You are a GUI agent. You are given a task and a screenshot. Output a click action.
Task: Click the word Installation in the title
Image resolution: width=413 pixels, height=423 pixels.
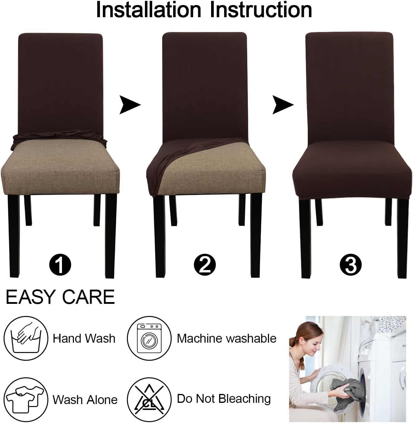[149, 10]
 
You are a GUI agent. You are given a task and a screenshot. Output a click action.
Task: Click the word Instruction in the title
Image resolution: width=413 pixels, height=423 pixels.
[261, 10]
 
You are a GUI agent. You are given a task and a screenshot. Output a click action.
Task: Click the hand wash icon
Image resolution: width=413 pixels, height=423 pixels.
[26, 338]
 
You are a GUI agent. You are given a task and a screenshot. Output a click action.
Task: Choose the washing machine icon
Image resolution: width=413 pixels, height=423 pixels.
[149, 338]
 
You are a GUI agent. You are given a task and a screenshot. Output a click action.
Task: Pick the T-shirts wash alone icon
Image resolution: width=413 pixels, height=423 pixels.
[26, 399]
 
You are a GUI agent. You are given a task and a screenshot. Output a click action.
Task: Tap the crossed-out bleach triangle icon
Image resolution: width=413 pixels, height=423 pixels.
[149, 399]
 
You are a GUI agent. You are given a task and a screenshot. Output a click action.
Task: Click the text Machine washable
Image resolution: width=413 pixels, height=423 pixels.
[227, 338]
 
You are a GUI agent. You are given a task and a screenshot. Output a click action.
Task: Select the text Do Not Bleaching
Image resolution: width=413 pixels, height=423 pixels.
[224, 399]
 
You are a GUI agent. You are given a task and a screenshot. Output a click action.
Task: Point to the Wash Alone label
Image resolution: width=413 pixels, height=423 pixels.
[85, 400]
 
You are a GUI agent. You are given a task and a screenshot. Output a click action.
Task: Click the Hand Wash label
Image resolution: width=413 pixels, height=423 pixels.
[84, 338]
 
